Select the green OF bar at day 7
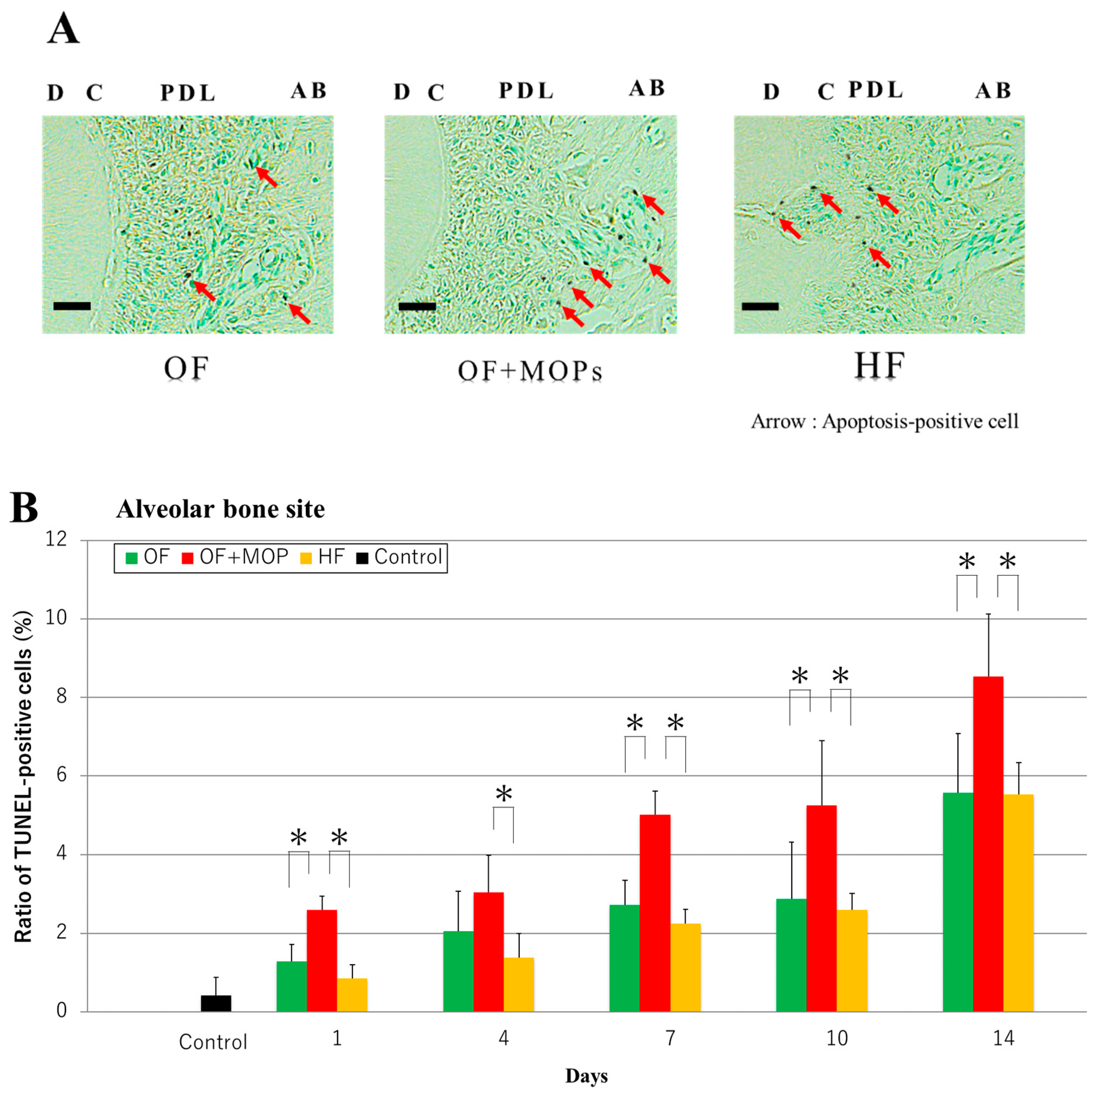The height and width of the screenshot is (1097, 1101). (624, 957)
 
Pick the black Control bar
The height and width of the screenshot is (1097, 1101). (216, 1003)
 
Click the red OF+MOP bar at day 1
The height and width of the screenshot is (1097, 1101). (321, 960)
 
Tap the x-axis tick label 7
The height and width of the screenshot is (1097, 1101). (670, 1038)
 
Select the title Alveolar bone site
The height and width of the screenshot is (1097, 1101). (220, 509)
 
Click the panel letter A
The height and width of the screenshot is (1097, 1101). (63, 28)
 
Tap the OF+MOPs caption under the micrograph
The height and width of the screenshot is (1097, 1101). (530, 371)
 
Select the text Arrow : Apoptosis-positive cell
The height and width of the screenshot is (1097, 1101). (884, 422)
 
